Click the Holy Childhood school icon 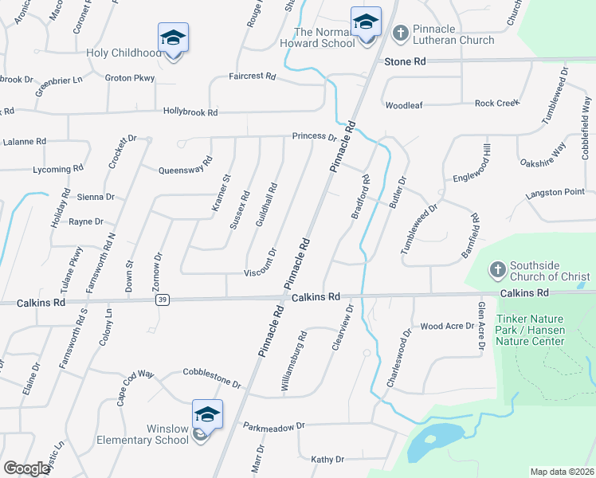[173, 37]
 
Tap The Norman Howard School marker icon [366, 22]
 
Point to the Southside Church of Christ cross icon [496, 269]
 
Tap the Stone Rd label [405, 61]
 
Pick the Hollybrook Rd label [190, 112]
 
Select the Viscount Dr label [260, 272]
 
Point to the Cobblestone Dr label [212, 377]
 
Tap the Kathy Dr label [327, 460]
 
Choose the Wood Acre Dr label [447, 326]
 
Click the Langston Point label [555, 193]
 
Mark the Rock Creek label [496, 103]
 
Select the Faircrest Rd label [252, 76]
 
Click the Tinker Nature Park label [530, 330]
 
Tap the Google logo [26, 468]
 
